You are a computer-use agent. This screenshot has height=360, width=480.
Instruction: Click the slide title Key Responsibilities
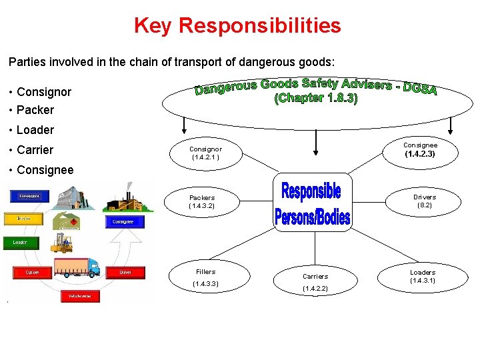[237, 25]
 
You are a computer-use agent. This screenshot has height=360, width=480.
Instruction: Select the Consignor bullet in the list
[44, 91]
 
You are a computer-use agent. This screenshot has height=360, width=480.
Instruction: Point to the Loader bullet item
[35, 129]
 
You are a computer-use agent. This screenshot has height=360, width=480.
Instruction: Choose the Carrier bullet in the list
[35, 149]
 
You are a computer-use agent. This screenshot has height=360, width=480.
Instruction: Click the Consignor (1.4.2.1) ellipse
[205, 153]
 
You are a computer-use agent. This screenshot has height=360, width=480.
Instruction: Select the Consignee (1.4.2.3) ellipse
[421, 149]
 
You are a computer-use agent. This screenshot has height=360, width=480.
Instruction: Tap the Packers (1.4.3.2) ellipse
[202, 201]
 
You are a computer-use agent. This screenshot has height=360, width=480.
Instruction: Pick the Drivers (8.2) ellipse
[424, 201]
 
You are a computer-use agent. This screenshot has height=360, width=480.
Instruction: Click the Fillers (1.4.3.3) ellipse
[205, 277]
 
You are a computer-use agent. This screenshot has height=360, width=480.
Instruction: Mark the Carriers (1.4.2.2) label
[315, 282]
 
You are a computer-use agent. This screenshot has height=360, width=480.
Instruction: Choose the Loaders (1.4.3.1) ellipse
[422, 276]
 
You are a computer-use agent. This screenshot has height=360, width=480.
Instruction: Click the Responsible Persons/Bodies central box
[312, 203]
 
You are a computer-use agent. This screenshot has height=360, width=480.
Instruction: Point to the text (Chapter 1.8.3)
[316, 98]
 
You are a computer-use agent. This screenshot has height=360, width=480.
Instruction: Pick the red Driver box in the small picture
[125, 272]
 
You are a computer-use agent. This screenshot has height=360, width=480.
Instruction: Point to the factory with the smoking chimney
[125, 201]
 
